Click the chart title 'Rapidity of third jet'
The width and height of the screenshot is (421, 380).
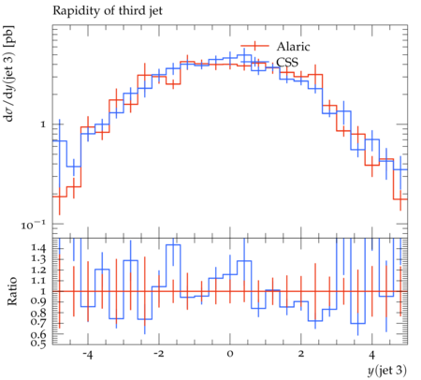tap(108, 11)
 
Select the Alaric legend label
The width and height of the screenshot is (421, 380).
tap(293, 47)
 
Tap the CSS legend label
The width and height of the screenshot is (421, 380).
tap(287, 62)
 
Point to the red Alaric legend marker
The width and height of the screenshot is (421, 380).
tap(254, 46)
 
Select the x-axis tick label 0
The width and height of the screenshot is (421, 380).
tap(230, 355)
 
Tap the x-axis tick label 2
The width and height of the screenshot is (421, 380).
tap(301, 355)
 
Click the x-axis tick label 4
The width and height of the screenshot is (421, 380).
tap(371, 355)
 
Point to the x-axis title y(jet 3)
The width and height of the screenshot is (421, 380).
tap(387, 371)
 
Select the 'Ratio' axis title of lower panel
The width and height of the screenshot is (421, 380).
tap(11, 291)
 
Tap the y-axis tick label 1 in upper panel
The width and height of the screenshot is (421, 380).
tap(43, 124)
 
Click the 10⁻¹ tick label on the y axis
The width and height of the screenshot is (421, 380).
tap(34, 225)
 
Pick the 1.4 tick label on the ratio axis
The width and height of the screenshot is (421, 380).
tap(38, 249)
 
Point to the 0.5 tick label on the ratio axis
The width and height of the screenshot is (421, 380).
tap(38, 343)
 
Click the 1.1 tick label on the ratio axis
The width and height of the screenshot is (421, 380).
tap(38, 281)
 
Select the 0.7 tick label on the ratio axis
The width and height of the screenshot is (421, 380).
tap(38, 322)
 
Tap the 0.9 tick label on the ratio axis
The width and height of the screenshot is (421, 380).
tap(38, 301)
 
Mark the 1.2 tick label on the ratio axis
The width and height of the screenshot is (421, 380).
tap(38, 270)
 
